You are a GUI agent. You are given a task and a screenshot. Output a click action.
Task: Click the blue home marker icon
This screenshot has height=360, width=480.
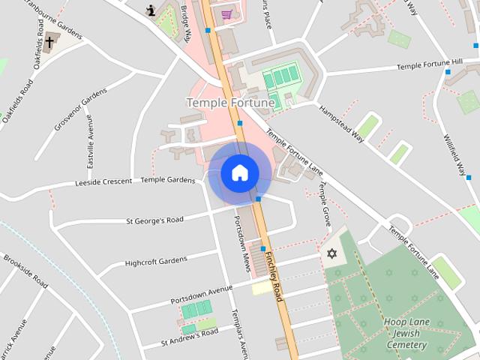point(240,172)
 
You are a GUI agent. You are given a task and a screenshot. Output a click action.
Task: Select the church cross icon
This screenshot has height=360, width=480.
point(49,42)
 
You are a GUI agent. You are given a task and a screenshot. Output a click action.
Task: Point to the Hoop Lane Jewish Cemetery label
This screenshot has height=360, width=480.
point(405,333)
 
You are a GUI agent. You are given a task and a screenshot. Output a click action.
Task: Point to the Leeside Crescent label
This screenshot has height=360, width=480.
point(104,182)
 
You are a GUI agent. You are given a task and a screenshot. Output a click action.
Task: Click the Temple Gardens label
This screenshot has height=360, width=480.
point(168,180)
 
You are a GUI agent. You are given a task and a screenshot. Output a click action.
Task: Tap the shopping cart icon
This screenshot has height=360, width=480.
point(226,14)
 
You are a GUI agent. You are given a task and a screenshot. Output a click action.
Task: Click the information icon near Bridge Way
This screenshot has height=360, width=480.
point(152,10)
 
